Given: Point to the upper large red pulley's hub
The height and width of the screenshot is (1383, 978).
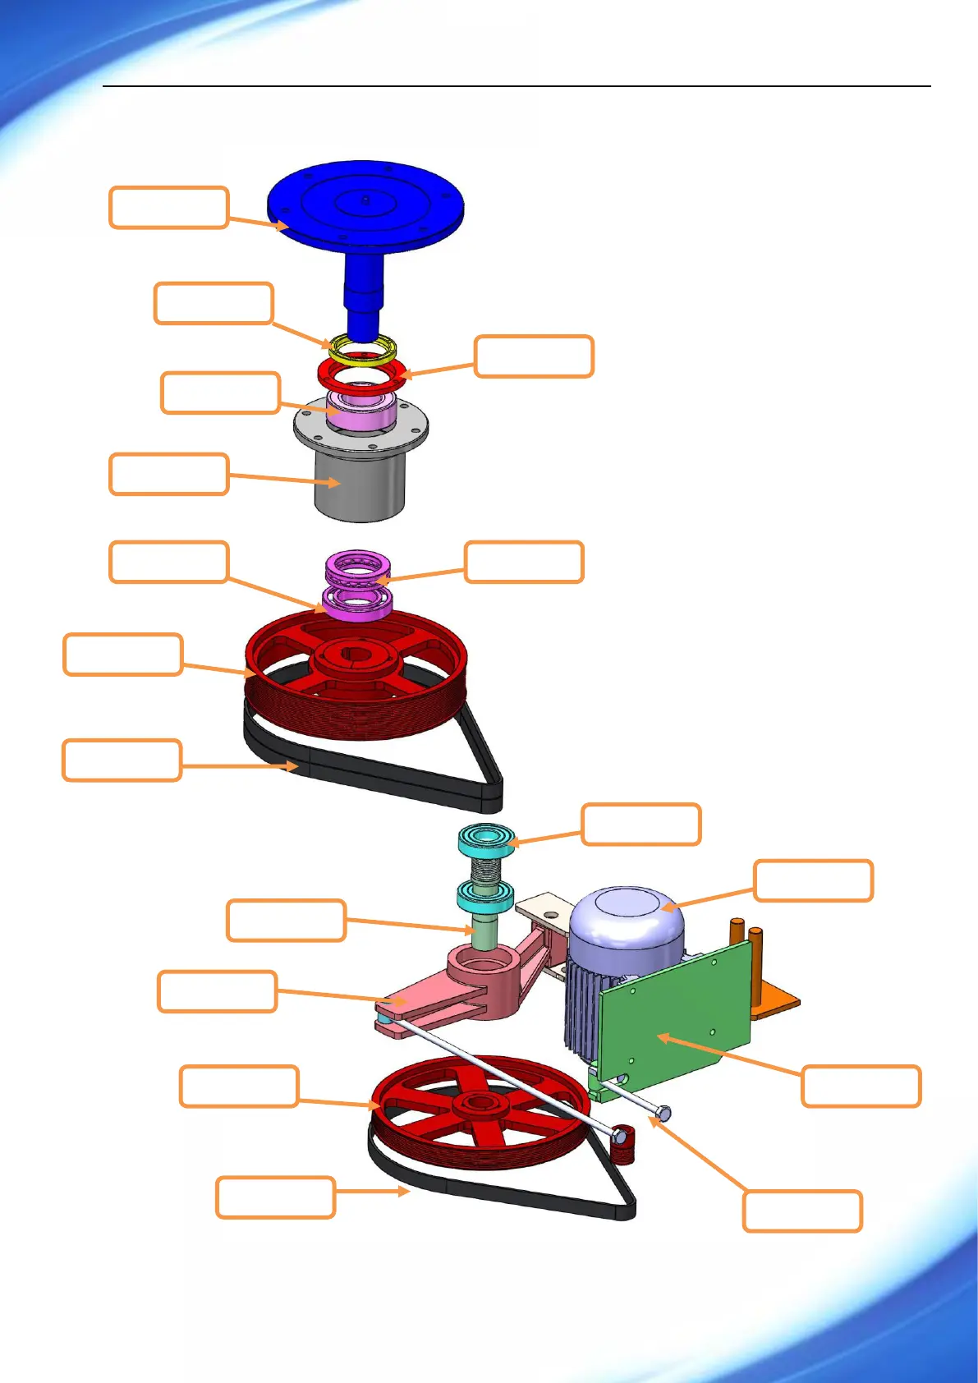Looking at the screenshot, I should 356,656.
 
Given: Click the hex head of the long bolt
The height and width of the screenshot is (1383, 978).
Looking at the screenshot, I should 663,1114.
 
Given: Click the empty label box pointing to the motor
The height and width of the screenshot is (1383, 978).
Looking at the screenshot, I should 813,880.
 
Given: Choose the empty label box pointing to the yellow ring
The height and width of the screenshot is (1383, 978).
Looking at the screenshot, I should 214,304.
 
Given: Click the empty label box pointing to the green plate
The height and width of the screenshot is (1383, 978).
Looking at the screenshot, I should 861,1086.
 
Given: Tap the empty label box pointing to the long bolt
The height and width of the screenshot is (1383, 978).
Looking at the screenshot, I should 801,1211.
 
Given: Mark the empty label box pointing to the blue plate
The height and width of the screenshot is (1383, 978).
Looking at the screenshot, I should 168,207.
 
